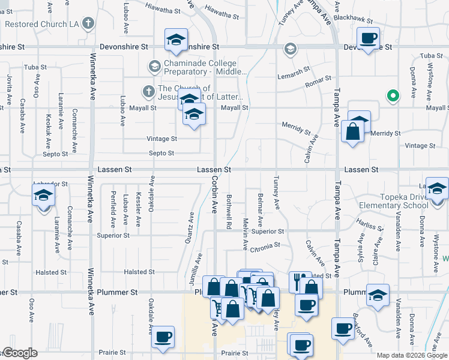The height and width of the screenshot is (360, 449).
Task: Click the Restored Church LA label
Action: click(x=41, y=25)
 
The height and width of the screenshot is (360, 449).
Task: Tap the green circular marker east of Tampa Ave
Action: click(x=393, y=95)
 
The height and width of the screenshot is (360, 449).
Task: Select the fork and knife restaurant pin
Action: click(x=298, y=281)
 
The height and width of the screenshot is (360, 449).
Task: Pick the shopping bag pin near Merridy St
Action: click(x=353, y=131)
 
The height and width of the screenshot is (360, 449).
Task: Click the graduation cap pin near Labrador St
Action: click(x=43, y=197)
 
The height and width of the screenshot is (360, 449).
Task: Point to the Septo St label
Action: click(x=162, y=154)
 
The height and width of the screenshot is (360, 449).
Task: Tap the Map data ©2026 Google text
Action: click(x=412, y=355)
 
